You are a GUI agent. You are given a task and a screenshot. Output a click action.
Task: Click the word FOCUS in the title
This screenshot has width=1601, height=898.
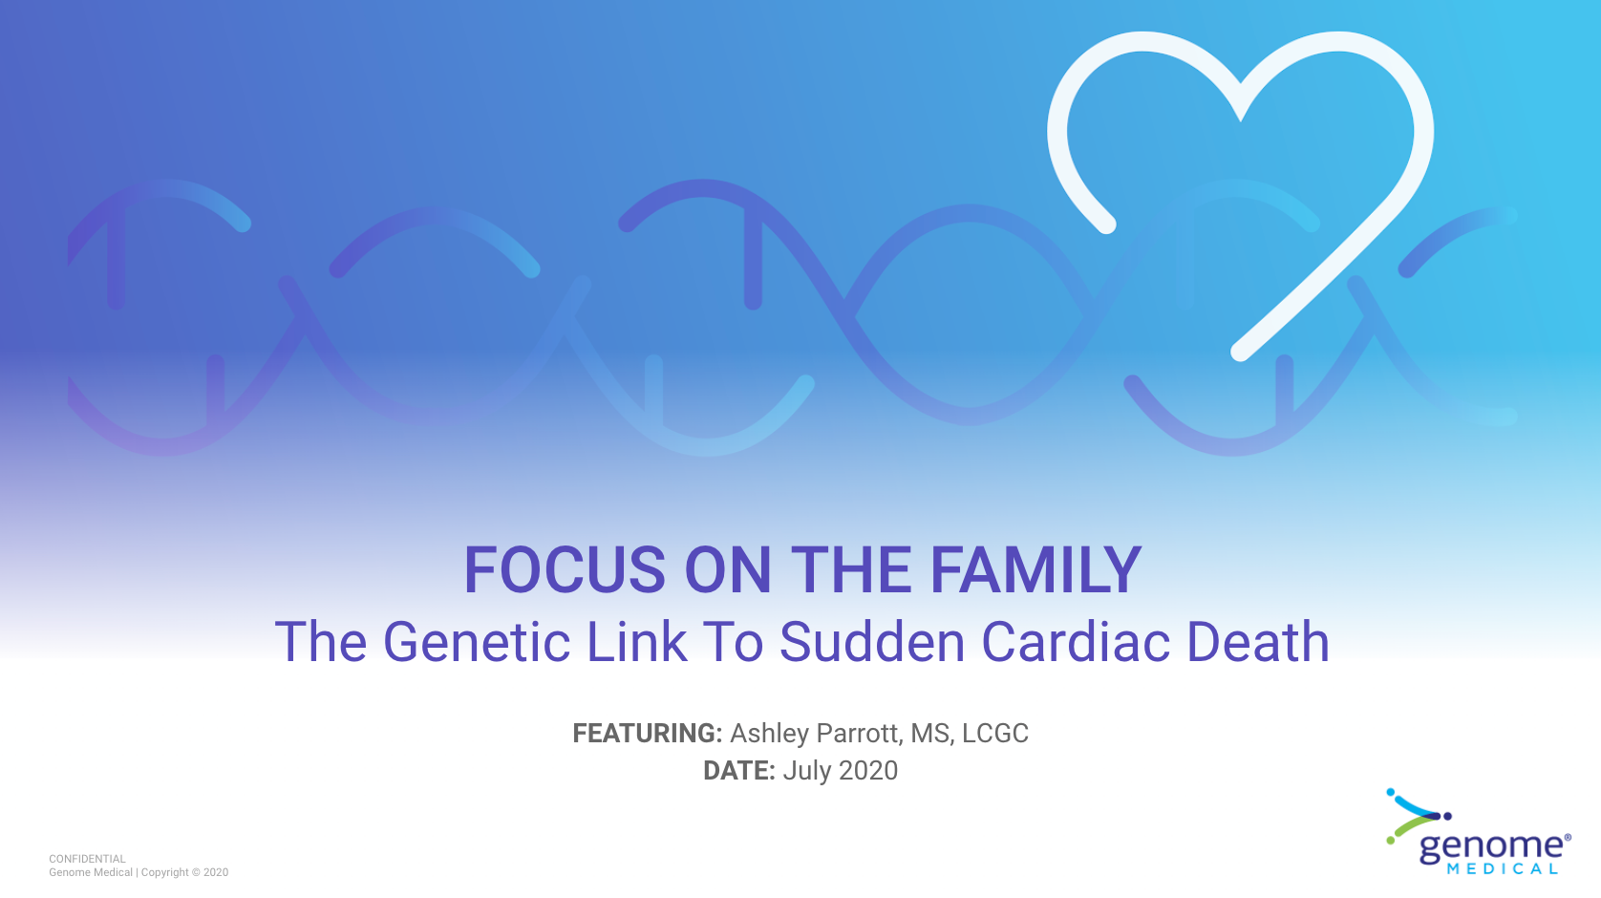(565, 569)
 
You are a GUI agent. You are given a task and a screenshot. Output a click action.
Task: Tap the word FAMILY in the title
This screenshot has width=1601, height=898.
(1035, 569)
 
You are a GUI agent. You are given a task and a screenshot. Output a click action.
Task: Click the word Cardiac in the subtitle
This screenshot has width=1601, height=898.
(1076, 641)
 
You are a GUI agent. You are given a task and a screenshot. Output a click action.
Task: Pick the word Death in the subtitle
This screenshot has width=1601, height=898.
(1258, 641)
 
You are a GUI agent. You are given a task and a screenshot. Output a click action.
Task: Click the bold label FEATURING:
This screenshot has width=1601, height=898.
(648, 734)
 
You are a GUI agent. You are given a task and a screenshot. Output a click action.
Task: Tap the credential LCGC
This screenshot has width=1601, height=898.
(995, 734)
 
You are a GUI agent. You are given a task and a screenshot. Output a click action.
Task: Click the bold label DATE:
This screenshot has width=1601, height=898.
(739, 771)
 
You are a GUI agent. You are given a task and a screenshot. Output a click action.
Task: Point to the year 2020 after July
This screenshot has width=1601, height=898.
(868, 771)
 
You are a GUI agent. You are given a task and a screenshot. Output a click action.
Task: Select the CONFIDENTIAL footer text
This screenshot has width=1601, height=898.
(87, 859)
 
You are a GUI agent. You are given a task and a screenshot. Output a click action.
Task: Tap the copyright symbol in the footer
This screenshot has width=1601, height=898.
(196, 872)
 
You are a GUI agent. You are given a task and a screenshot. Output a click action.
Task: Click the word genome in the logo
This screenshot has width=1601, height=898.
(1490, 848)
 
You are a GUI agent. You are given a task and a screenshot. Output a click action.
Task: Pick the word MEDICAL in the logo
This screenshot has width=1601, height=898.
(1502, 869)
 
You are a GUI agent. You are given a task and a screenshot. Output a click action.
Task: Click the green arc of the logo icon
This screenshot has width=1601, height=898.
(1412, 829)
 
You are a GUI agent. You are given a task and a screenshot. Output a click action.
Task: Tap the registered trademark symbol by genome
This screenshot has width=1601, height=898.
(1568, 837)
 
